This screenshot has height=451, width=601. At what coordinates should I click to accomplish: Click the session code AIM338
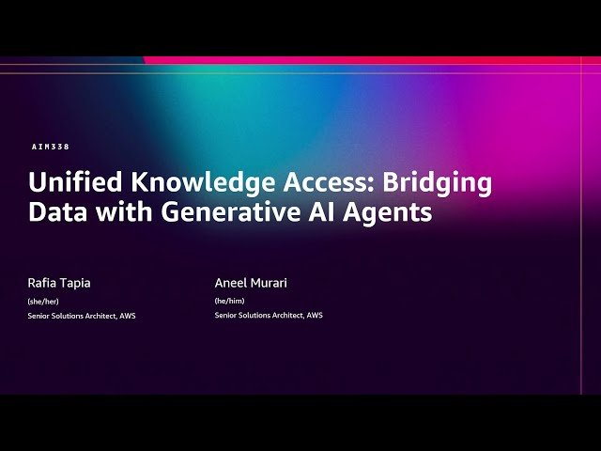pyautogui.click(x=51, y=148)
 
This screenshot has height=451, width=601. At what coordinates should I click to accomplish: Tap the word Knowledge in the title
pyautogui.click(x=165, y=182)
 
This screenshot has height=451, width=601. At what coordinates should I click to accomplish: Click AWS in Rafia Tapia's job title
pyautogui.click(x=127, y=316)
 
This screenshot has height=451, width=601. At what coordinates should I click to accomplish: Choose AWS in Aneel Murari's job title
pyautogui.click(x=314, y=316)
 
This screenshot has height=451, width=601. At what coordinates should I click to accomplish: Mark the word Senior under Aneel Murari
pyautogui.click(x=226, y=316)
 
